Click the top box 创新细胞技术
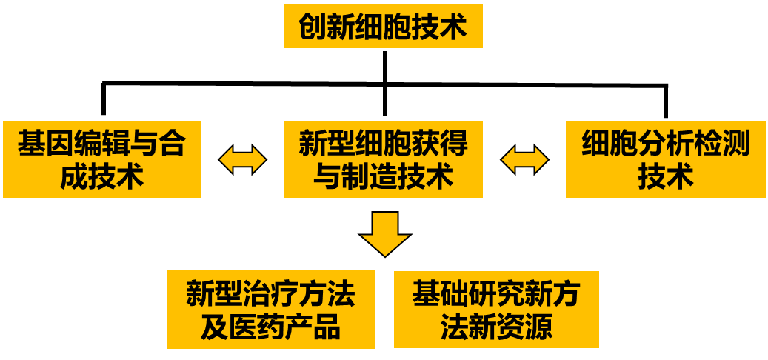click(383, 27)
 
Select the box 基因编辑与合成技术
click(102, 159)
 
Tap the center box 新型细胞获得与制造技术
click(383, 159)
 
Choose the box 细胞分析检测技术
click(665, 159)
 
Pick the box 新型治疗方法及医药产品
click(270, 310)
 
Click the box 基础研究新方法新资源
click(496, 310)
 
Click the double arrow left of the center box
click(242, 159)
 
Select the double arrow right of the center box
click(524, 159)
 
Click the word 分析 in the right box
click(665, 143)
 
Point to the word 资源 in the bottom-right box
click(524, 327)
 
